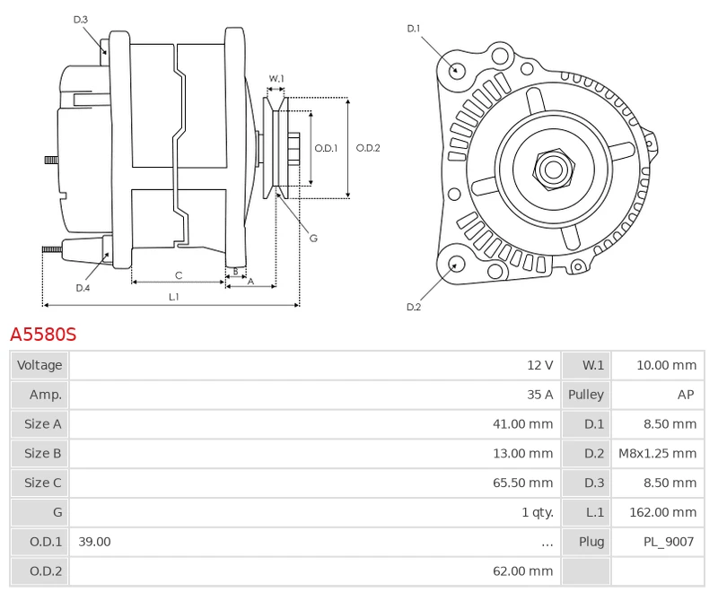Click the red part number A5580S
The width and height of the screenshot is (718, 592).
[x=43, y=335]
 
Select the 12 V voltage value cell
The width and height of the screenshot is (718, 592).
[x=539, y=365]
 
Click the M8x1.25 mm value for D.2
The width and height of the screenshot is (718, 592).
[x=657, y=453]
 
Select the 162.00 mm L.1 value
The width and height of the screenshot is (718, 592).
[x=665, y=512]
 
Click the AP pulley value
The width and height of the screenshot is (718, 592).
[x=686, y=395]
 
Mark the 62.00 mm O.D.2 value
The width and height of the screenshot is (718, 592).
[x=522, y=570]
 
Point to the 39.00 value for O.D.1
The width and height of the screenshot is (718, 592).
[x=94, y=542]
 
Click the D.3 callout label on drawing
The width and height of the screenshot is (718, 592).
[x=81, y=19]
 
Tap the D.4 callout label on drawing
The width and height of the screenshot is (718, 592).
[x=83, y=288]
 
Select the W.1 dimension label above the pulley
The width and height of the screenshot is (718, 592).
[x=276, y=79]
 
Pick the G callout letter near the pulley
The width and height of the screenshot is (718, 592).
[x=313, y=238]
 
